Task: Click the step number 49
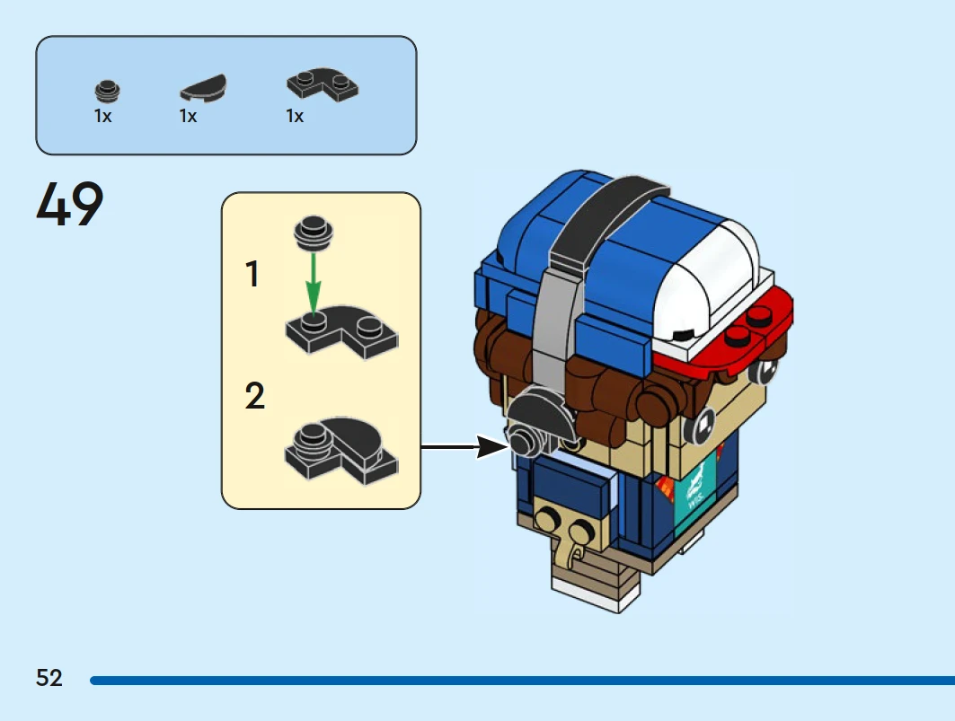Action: (x=70, y=205)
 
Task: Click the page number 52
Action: (x=49, y=678)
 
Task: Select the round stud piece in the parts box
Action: (x=107, y=91)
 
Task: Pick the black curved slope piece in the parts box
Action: (x=203, y=88)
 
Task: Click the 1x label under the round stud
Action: (x=103, y=117)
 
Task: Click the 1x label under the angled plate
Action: (x=295, y=117)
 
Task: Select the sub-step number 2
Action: (x=254, y=396)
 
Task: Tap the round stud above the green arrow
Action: (x=312, y=232)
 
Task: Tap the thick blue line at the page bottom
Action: (x=521, y=681)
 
